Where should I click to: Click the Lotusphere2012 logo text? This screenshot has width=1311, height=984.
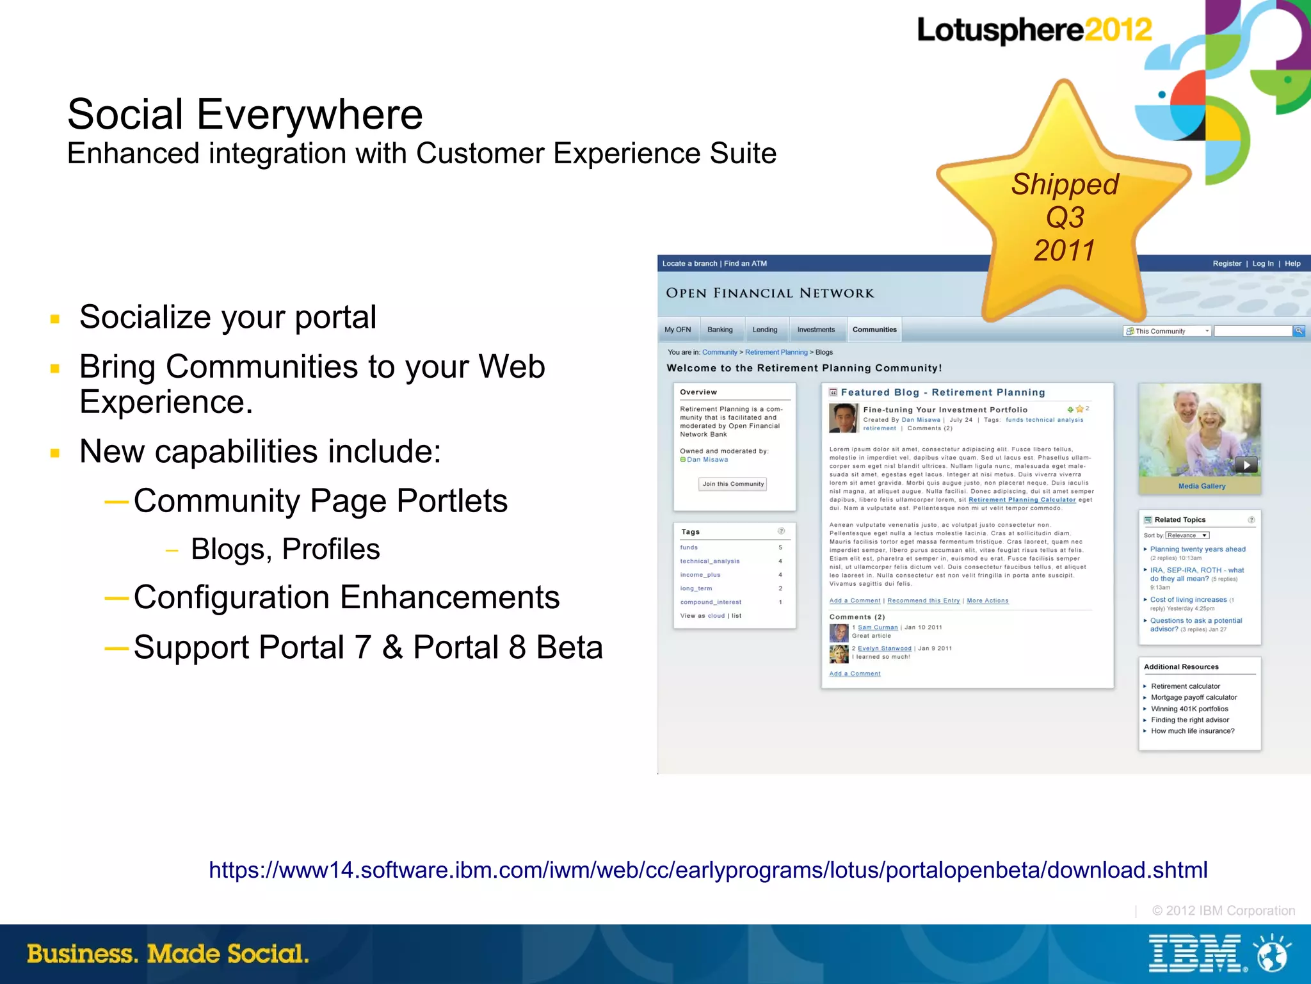[1033, 30]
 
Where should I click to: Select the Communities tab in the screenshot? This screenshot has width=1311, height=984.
[874, 330]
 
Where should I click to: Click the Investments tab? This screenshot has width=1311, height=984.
[816, 330]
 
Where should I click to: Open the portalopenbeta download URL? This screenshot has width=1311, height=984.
[707, 870]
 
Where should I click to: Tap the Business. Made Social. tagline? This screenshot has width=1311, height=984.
[168, 953]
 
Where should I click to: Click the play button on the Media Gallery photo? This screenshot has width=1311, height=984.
[1245, 465]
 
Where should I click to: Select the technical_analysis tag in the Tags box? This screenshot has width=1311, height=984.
[709, 561]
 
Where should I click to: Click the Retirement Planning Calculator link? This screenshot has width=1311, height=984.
[1022, 500]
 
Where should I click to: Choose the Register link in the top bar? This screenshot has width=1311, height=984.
[1227, 264]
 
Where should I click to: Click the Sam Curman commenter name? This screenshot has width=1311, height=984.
[877, 627]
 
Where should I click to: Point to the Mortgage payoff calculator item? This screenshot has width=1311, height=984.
[1193, 697]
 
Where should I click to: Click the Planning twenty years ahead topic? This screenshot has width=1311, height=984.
[1197, 549]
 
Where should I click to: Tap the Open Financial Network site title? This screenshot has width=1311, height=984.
[769, 293]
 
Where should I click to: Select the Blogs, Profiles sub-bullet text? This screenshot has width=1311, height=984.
[285, 549]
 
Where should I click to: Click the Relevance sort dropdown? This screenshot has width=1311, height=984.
[1186, 535]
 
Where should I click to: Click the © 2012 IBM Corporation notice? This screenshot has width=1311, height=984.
[1223, 910]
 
